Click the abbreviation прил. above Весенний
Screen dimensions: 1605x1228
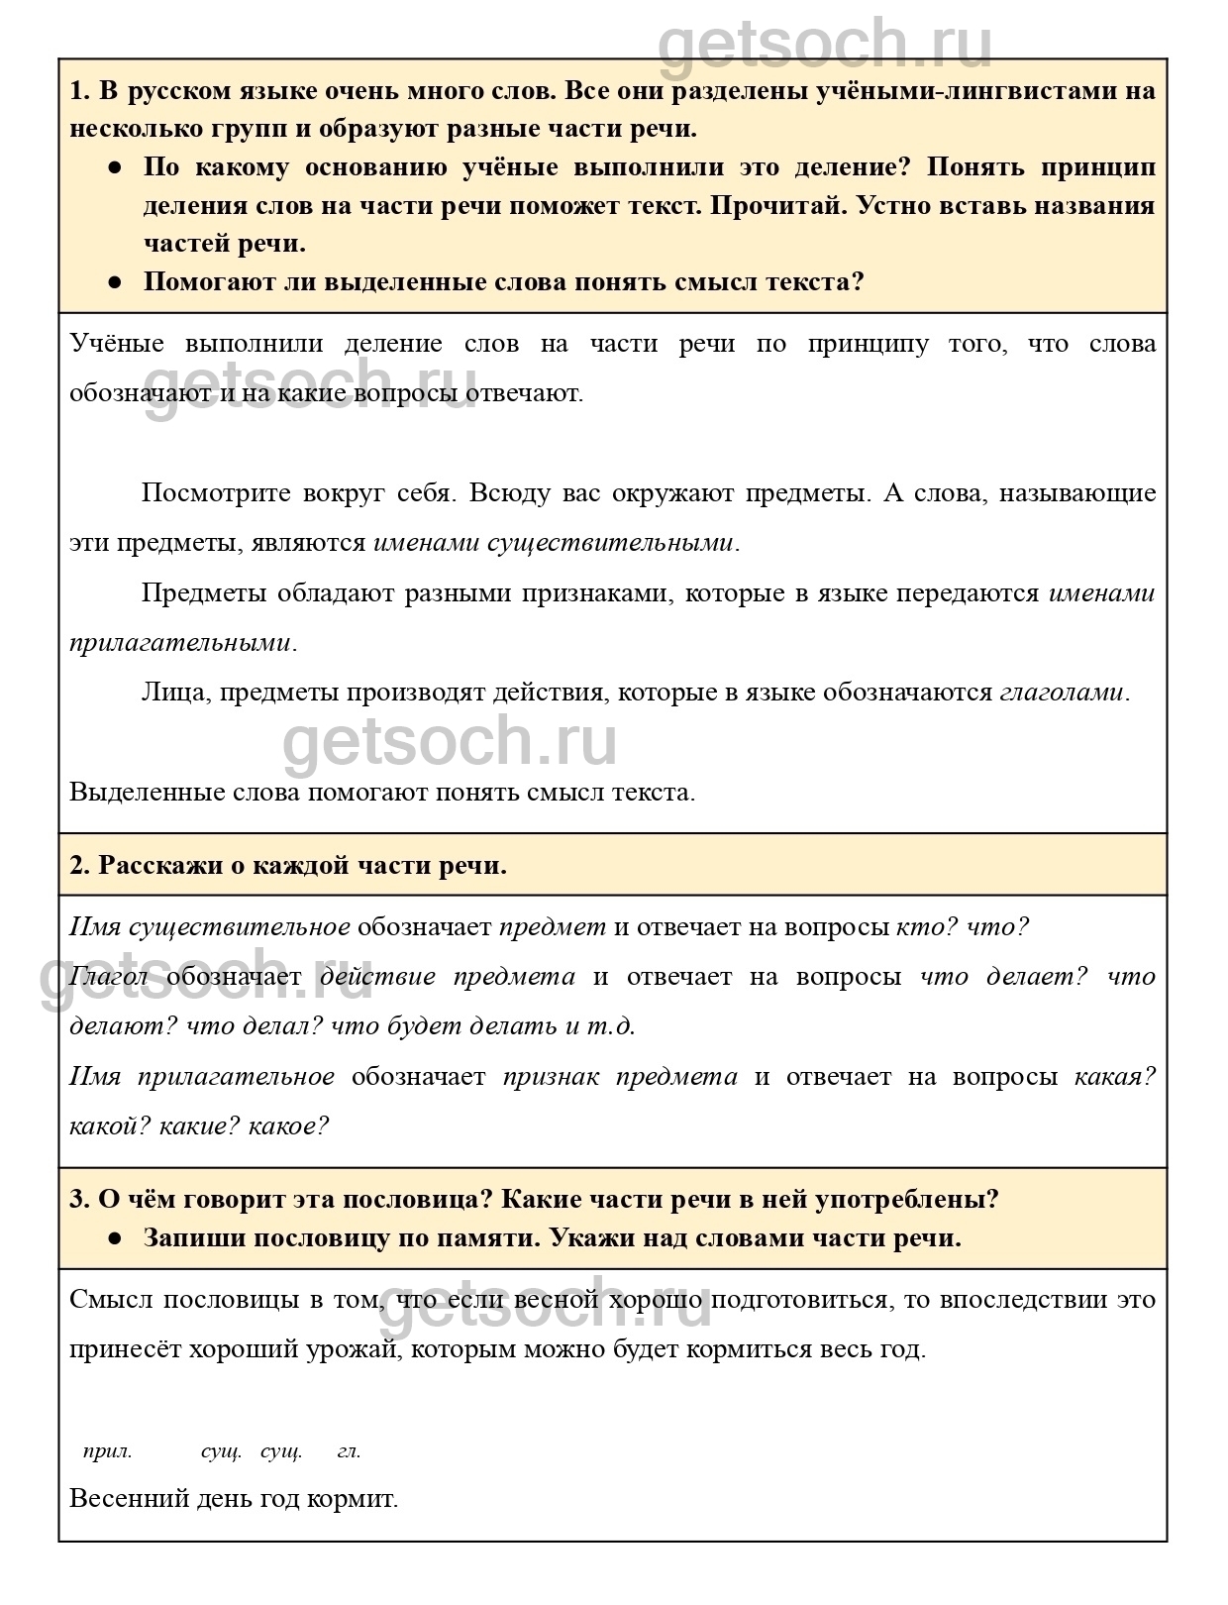coord(107,1452)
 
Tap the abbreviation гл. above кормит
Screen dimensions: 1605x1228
coord(349,1452)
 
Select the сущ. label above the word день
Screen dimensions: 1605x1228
coord(221,1452)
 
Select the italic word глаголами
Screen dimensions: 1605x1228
coord(1062,692)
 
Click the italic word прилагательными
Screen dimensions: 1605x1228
coord(180,642)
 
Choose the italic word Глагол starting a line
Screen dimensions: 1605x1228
coord(109,976)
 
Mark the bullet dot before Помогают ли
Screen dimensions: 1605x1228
coord(115,281)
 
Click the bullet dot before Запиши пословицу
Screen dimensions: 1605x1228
coord(115,1238)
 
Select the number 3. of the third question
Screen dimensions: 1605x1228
coord(80,1200)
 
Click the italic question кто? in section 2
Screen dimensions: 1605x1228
coord(925,927)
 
